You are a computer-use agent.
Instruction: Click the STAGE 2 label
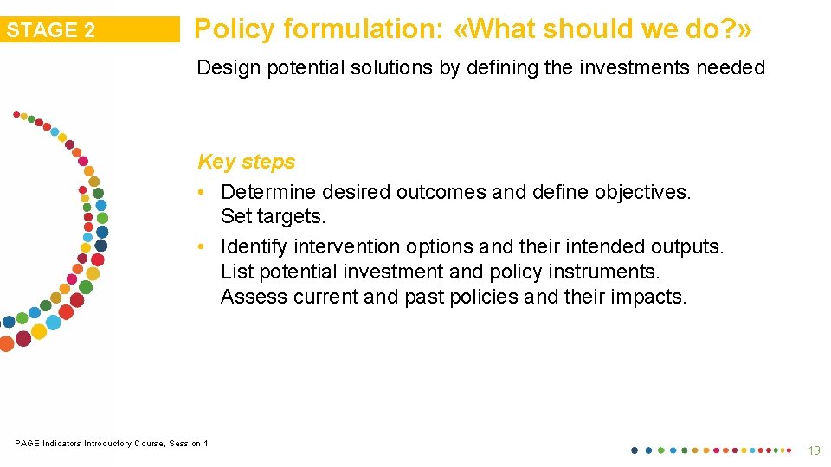tap(51, 30)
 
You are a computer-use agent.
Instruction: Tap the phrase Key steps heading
tap(246, 162)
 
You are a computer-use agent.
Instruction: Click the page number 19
tap(813, 451)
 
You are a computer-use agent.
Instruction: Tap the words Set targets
tap(273, 216)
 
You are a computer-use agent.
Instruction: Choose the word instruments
tap(610, 272)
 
